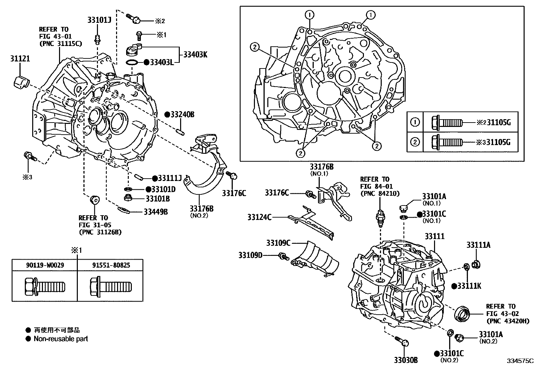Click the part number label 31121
pyautogui.click(x=19, y=59)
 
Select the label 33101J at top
pyautogui.click(x=99, y=20)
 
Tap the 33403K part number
pyautogui.click(x=195, y=54)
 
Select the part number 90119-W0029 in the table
pyautogui.click(x=45, y=265)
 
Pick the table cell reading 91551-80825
pyautogui.click(x=111, y=265)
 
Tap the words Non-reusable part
pyautogui.click(x=61, y=339)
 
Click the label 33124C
pyautogui.click(x=260, y=217)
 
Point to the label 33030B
pyautogui.click(x=406, y=360)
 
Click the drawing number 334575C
pyautogui.click(x=520, y=361)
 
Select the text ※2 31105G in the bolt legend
pyautogui.click(x=493, y=123)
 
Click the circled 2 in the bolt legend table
pyautogui.click(x=415, y=142)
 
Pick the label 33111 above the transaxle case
pyautogui.click(x=434, y=236)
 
